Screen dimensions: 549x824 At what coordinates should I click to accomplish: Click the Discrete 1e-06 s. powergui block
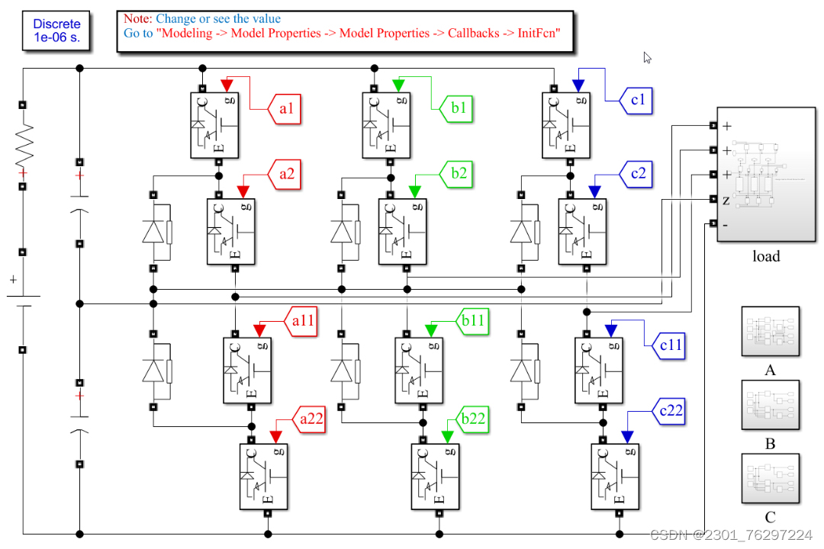(x=56, y=31)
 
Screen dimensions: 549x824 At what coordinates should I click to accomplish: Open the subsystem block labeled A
(x=770, y=332)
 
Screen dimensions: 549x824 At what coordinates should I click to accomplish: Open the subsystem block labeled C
(x=770, y=479)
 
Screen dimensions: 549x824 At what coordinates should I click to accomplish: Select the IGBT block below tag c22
(x=614, y=476)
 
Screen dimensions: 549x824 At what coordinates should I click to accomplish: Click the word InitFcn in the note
(x=538, y=34)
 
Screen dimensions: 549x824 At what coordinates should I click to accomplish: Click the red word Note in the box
(x=137, y=18)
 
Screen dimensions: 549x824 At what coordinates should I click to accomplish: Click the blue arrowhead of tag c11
(x=610, y=330)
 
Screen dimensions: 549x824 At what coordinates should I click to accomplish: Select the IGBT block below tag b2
(x=402, y=231)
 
